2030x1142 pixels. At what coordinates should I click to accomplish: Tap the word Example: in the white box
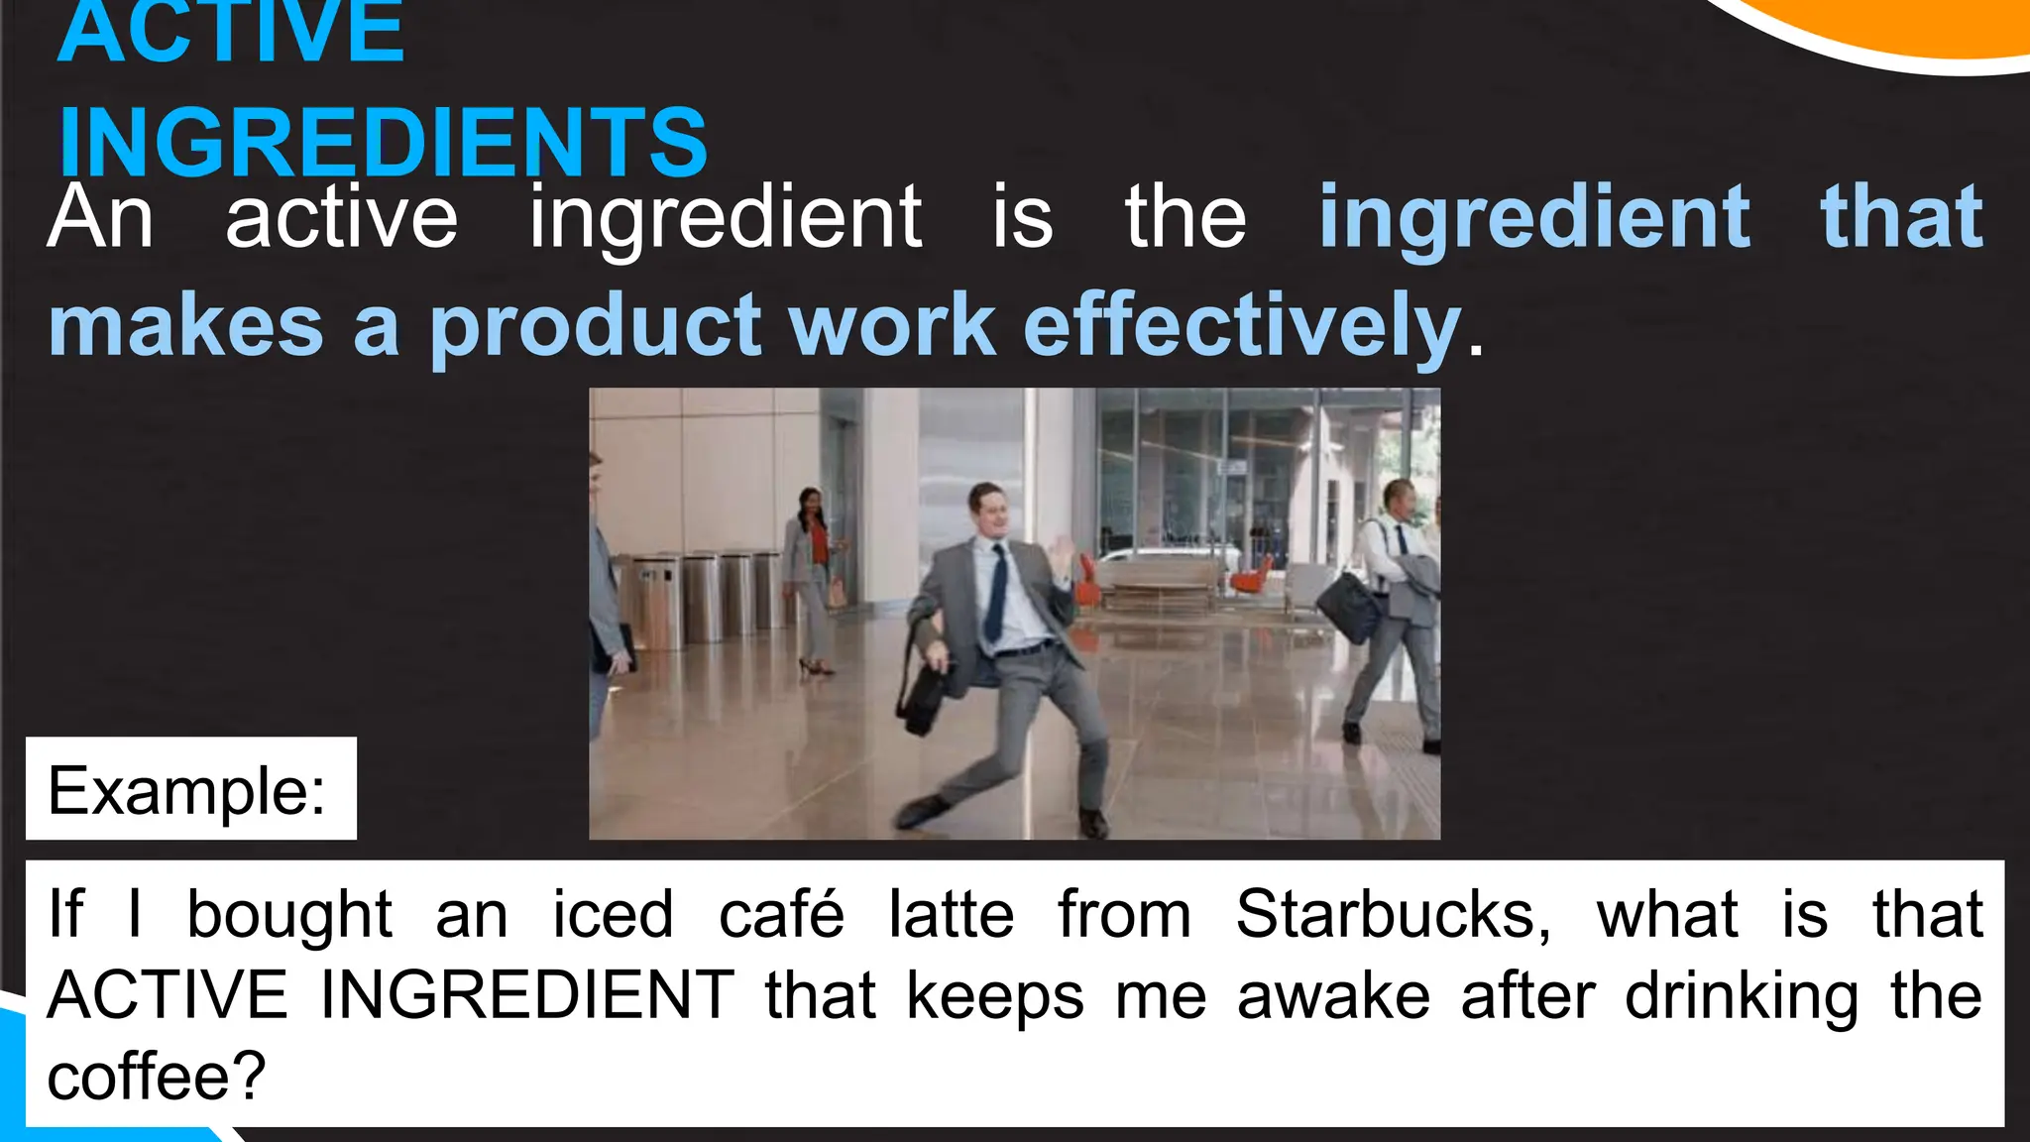pyautogui.click(x=187, y=790)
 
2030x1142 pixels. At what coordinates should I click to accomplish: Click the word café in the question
pyautogui.click(x=781, y=913)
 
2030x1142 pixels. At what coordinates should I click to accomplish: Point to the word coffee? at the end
pyautogui.click(x=157, y=1077)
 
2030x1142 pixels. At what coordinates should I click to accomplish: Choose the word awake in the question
pyautogui.click(x=1333, y=995)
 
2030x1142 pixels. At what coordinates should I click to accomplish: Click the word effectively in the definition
pyautogui.click(x=1242, y=325)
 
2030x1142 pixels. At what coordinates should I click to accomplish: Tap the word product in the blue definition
pyautogui.click(x=595, y=325)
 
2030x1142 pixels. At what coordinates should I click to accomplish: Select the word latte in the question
pyautogui.click(x=951, y=913)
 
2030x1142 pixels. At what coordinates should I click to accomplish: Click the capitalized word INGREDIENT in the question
pyautogui.click(x=526, y=995)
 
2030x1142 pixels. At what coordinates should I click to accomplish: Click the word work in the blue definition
pyautogui.click(x=892, y=325)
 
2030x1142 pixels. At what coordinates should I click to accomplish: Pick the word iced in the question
pyautogui.click(x=613, y=913)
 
